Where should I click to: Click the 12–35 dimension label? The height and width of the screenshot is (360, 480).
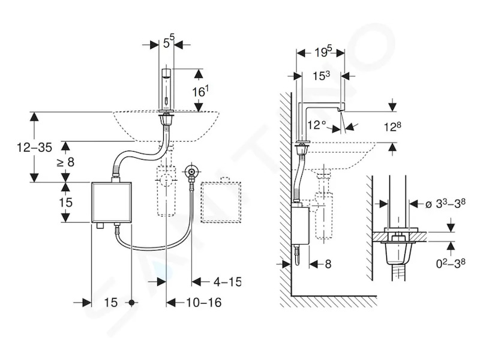point(35,148)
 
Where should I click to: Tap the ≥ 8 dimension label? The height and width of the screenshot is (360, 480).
point(65,162)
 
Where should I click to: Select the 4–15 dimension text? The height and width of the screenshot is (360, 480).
point(227,281)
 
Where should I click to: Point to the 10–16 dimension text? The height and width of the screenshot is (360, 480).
point(204,302)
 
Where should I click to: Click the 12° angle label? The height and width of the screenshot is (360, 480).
point(317,125)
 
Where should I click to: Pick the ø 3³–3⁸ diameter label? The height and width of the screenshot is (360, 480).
point(445,203)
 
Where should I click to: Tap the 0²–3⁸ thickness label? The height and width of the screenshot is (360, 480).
point(451,263)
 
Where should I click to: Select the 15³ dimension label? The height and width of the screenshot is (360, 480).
point(321,76)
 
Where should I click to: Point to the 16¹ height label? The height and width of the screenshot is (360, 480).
point(200,91)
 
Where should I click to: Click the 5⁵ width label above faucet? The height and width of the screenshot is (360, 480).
point(168,42)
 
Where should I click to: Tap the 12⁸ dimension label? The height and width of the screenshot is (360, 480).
point(392,126)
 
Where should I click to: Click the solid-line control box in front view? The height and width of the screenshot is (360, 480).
point(112,202)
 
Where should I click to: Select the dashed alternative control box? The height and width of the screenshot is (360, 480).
point(221,202)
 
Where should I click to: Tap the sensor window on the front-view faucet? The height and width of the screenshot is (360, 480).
point(166,100)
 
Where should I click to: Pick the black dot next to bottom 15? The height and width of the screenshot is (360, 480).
point(132,303)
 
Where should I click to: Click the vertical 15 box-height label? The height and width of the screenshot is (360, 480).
point(65,202)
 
